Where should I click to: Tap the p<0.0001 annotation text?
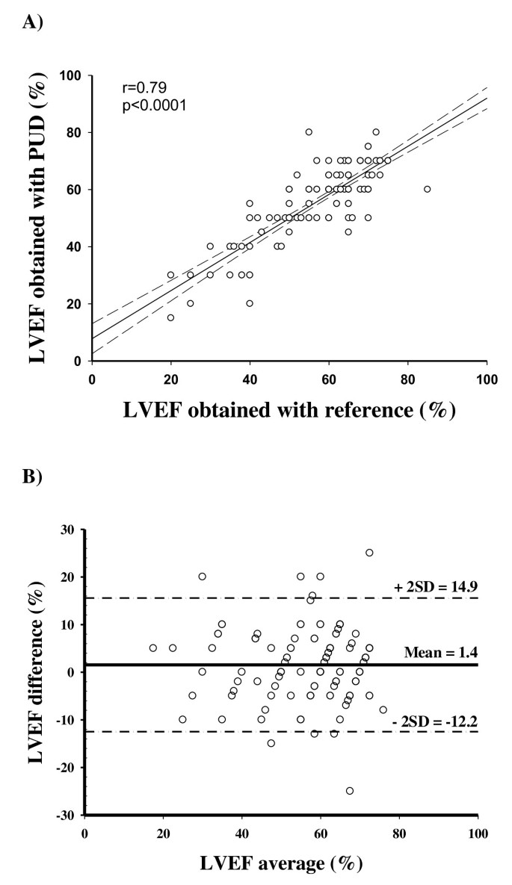154,106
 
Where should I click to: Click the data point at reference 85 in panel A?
428,189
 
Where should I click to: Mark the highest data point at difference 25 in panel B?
369,553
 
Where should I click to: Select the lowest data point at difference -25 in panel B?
350,791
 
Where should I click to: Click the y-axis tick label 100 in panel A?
74,75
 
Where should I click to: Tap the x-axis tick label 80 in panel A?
407,379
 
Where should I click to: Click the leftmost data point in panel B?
153,648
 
